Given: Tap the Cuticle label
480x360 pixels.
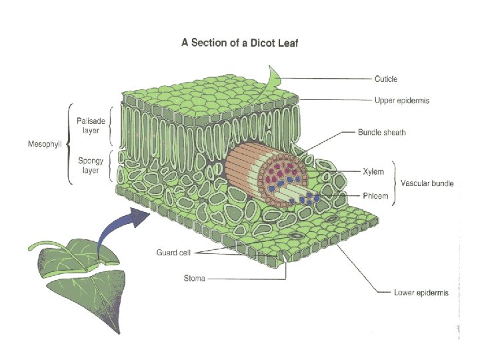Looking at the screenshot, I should pos(385,79).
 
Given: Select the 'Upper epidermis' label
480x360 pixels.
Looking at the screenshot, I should pos(401,101).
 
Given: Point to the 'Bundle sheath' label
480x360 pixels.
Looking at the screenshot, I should pos(381,133).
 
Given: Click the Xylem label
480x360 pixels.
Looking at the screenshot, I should pos(373,171).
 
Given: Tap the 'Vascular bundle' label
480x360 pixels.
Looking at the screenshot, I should pos(427,183).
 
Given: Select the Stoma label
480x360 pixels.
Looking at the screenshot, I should pos(194,278).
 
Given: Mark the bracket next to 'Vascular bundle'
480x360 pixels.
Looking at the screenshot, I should pos(394,183).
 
